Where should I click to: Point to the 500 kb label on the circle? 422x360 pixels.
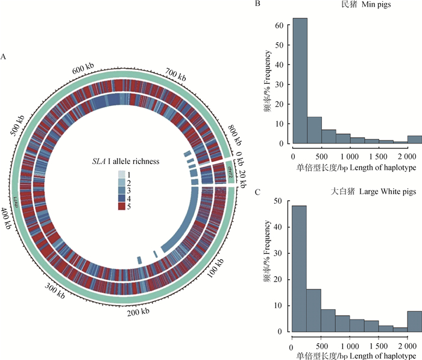[21, 126]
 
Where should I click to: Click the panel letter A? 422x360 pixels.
[5, 57]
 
